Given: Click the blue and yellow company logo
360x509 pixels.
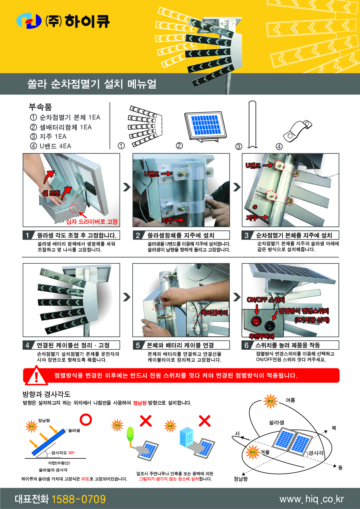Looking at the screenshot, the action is pyautogui.click(x=29, y=21).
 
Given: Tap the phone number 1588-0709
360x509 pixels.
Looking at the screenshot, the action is pyautogui.click(x=79, y=499).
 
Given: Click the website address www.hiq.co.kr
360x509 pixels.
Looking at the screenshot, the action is pyautogui.click(x=311, y=499).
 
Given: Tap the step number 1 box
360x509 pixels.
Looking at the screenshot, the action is pyautogui.click(x=27, y=235).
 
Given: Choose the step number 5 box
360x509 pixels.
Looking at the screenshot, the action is pyautogui.click(x=138, y=345).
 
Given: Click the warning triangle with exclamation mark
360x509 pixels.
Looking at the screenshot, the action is pyautogui.click(x=36, y=376).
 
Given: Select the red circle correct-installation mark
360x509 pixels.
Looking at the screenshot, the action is pyautogui.click(x=86, y=419).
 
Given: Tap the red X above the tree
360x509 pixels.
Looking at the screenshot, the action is pyautogui.click(x=146, y=421).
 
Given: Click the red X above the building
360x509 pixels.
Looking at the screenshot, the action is pyautogui.click(x=204, y=421).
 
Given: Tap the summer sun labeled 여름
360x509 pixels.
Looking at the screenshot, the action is pyautogui.click(x=270, y=401).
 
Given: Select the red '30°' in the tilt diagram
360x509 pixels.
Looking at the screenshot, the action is pyautogui.click(x=72, y=453).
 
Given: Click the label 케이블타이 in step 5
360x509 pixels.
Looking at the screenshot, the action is pyautogui.click(x=215, y=313).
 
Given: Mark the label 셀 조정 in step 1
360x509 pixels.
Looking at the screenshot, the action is pyautogui.click(x=51, y=193).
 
